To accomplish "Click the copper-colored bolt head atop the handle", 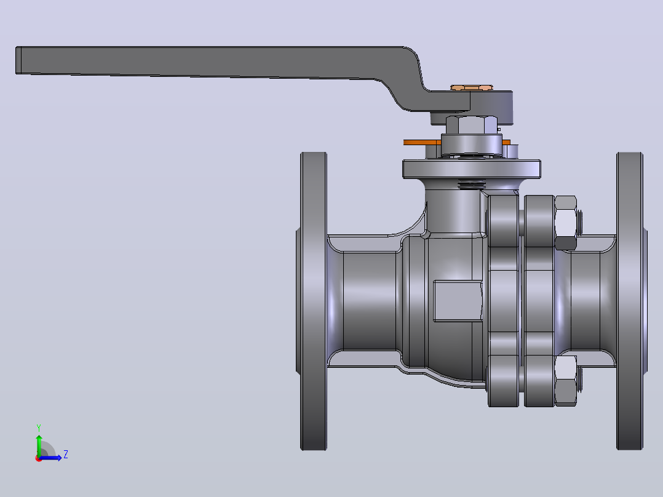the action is point(472,87).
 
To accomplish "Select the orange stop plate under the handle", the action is point(456,143).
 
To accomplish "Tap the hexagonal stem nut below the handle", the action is point(472,125).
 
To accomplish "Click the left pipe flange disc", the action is point(313,301).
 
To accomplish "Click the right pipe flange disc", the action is point(630,301).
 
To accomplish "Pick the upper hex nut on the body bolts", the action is point(565,222).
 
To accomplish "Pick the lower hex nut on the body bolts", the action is point(565,380).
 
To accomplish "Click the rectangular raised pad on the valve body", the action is point(458,301).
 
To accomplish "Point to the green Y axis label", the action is point(39,428).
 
